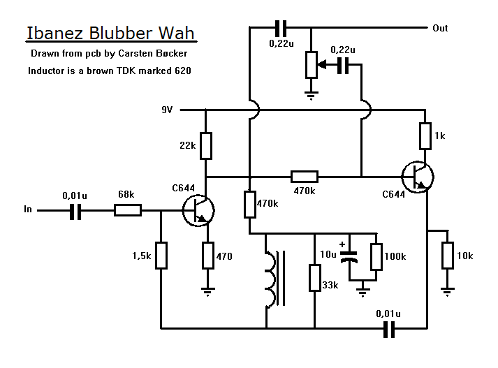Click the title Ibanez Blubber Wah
(111, 34)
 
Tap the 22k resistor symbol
(205, 145)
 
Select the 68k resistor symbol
(128, 209)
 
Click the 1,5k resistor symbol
(161, 255)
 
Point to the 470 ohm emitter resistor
(207, 255)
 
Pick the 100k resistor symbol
(376, 256)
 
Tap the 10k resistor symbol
(448, 255)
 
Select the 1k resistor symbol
(425, 135)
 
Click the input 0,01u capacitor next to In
(75, 209)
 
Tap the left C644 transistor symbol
(198, 209)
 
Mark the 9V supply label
(168, 110)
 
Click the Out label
(440, 28)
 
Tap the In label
(28, 209)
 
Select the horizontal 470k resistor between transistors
(304, 176)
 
